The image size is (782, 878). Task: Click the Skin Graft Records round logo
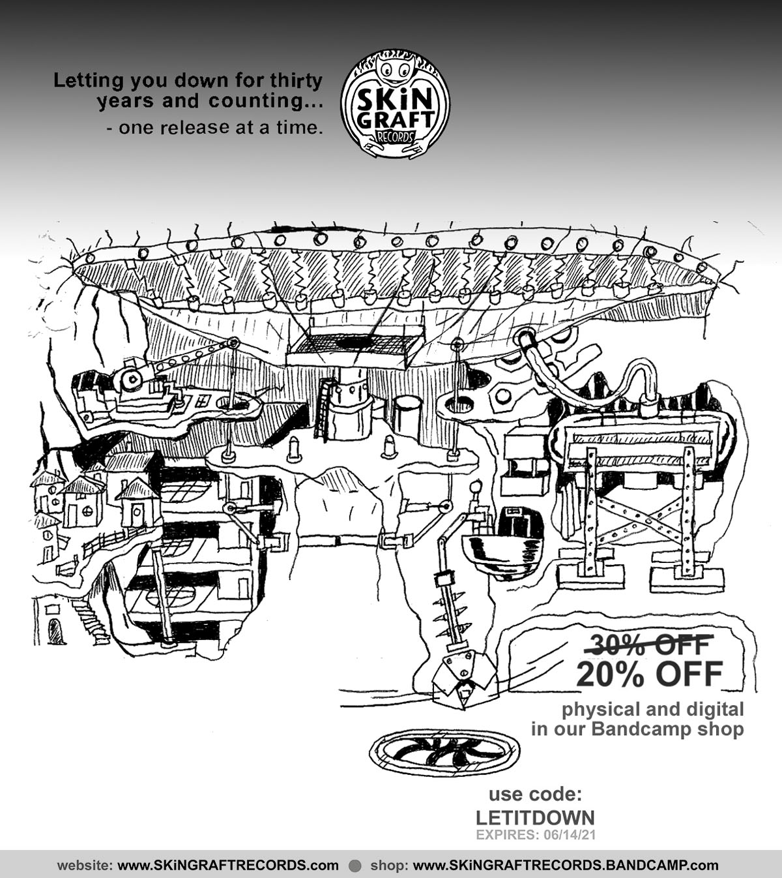(x=395, y=104)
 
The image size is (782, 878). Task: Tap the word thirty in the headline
(x=298, y=80)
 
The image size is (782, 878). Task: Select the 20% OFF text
(x=649, y=674)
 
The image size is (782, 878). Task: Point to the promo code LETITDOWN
(x=535, y=817)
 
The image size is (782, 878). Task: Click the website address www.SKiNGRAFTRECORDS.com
(x=228, y=866)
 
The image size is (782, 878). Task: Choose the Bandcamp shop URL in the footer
(x=566, y=866)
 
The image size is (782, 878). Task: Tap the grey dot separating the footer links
(x=355, y=866)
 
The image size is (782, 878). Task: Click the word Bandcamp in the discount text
(x=631, y=729)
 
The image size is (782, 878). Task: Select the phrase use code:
(x=534, y=794)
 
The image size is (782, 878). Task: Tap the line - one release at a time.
(x=214, y=128)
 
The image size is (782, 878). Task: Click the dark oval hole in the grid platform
(x=355, y=342)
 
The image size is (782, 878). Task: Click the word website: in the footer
(x=85, y=866)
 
